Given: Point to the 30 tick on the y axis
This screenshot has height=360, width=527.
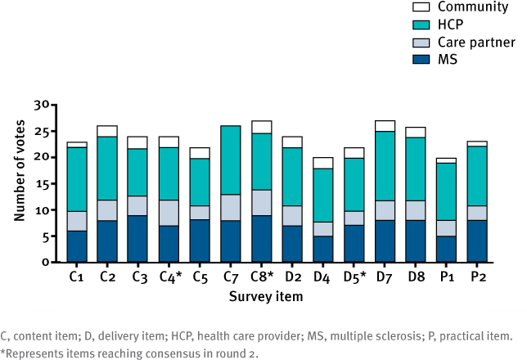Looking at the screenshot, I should point(52,106).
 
